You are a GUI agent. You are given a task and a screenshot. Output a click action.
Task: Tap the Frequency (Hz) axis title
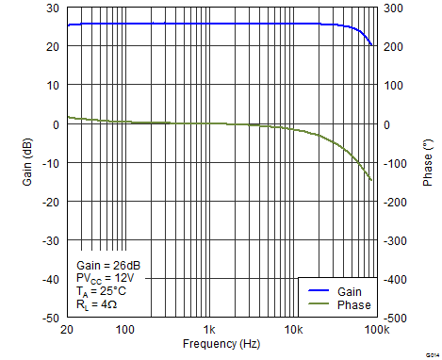coord(222,344)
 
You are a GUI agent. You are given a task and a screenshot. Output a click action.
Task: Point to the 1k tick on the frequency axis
coord(210,330)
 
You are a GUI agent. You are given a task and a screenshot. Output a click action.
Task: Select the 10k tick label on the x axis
coord(294,330)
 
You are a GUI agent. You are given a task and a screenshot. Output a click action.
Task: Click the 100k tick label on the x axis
coord(378,330)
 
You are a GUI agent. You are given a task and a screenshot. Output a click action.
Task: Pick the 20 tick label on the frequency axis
coord(67,330)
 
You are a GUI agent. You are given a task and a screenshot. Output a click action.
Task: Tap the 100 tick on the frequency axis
coord(125,330)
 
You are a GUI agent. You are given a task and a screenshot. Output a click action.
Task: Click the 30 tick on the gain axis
coord(53,8)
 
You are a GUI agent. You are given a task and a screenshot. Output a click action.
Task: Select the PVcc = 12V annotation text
coord(105,280)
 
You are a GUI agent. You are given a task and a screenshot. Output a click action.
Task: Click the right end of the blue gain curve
coord(372,44)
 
